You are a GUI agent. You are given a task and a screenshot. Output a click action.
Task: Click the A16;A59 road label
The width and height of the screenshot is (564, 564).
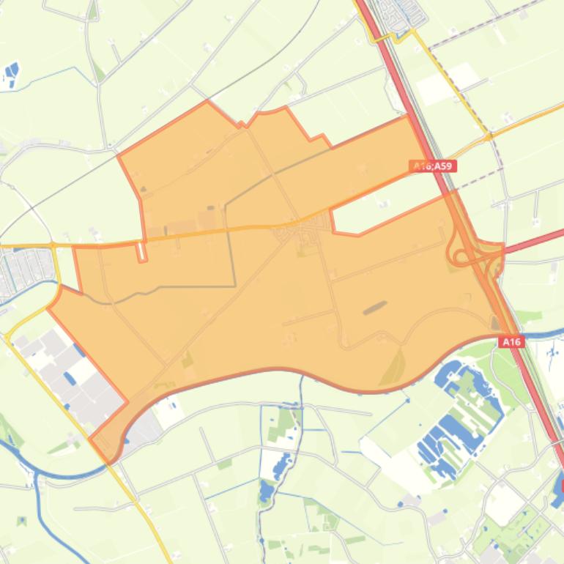(x=433, y=166)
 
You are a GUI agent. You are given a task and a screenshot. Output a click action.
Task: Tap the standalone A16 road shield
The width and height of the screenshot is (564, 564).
(x=512, y=342)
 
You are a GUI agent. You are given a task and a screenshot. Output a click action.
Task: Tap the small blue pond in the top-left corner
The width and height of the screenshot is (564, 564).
(x=11, y=73)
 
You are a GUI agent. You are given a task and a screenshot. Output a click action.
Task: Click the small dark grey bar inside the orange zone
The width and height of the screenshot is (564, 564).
(x=374, y=307)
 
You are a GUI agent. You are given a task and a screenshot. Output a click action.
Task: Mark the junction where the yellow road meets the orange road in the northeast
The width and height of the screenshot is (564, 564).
(x=487, y=136)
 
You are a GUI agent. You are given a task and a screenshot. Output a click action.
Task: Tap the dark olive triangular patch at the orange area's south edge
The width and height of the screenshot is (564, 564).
(x=393, y=366)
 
